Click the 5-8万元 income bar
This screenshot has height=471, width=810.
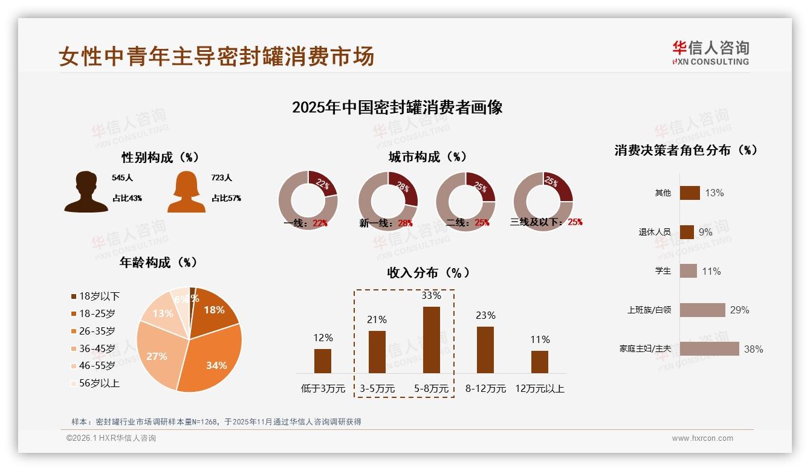coord(432,339)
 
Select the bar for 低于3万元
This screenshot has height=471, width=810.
coord(323,360)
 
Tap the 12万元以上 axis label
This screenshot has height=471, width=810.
coord(539,389)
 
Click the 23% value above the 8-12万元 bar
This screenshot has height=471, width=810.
coord(485,315)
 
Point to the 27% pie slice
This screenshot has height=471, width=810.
coord(157,353)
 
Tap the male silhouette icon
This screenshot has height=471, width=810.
coord(86,191)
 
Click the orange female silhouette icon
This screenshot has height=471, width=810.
coord(186,191)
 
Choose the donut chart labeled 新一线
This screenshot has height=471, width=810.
coord(388,201)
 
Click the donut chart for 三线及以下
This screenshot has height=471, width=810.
coord(543,201)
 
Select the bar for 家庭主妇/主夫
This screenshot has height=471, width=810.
coord(709,348)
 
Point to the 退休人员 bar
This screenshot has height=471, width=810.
coord(687,232)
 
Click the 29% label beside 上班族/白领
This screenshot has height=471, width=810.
coord(739,310)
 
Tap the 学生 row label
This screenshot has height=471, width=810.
coord(663,271)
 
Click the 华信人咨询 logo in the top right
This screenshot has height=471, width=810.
coord(710,53)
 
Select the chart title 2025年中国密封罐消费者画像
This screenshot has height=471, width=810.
coord(397,107)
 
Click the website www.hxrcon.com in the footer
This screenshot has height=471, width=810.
coord(702,438)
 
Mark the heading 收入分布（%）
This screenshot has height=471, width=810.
coord(429,272)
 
